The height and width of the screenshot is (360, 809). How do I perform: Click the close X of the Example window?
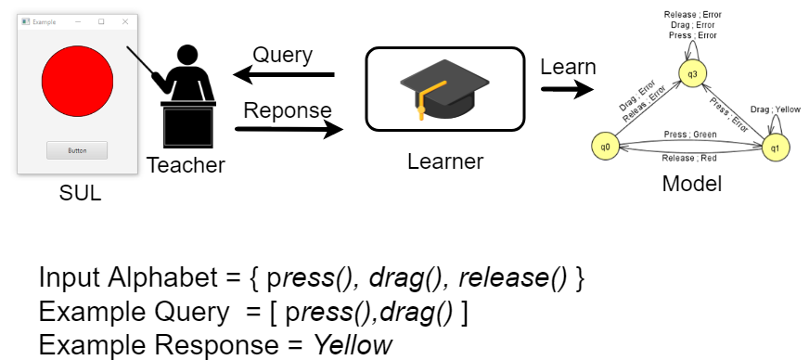click(x=125, y=21)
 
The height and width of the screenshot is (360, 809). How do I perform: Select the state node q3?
click(x=690, y=71)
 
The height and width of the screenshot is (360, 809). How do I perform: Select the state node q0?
click(x=605, y=147)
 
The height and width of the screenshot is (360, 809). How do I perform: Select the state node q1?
click(x=776, y=147)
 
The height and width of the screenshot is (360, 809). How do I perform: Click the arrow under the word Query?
click(x=283, y=74)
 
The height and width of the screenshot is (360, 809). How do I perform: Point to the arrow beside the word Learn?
click(x=567, y=90)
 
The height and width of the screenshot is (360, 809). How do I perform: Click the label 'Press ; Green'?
click(x=689, y=134)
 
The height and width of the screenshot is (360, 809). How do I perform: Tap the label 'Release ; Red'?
click(x=689, y=159)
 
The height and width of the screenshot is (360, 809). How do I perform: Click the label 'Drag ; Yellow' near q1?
click(x=775, y=109)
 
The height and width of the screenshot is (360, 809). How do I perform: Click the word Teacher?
click(x=186, y=166)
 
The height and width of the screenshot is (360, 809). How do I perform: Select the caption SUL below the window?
click(x=80, y=194)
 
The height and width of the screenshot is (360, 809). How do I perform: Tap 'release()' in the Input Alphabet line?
click(x=515, y=278)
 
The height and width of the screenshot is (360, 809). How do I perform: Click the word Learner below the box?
click(x=445, y=161)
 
